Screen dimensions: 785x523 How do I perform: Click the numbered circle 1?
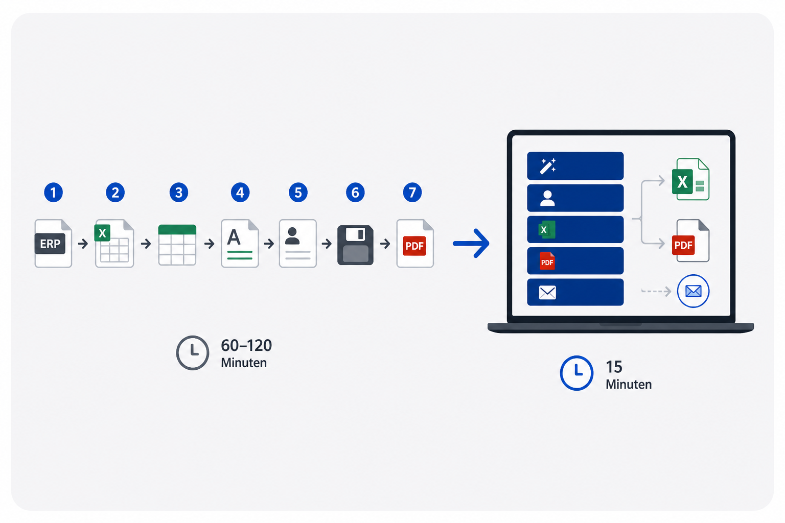click(53, 193)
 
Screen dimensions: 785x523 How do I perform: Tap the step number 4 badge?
click(240, 193)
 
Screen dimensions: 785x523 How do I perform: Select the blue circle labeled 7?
click(412, 193)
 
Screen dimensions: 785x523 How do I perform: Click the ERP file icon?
click(53, 244)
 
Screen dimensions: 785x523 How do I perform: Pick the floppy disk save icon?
click(355, 245)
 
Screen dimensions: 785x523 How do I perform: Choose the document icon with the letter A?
click(240, 244)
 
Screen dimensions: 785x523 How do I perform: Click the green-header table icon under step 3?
click(177, 245)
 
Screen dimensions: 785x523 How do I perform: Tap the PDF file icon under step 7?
click(415, 244)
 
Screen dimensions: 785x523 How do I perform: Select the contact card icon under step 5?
click(298, 244)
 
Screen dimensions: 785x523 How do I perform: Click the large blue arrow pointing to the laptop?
click(471, 244)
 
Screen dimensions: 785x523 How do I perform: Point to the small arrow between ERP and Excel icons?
click(83, 244)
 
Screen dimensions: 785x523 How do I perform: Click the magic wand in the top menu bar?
click(548, 166)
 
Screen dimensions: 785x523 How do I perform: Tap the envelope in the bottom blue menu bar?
click(547, 293)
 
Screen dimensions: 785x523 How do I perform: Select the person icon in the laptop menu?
click(547, 198)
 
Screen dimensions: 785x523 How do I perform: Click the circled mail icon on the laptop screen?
click(693, 291)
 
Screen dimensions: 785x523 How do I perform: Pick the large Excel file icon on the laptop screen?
click(691, 179)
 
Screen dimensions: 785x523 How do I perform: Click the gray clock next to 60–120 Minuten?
click(193, 353)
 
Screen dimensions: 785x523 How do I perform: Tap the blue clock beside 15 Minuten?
click(576, 373)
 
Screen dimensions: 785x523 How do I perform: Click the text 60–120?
click(246, 346)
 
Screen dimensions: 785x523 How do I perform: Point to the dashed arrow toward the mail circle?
click(656, 291)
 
